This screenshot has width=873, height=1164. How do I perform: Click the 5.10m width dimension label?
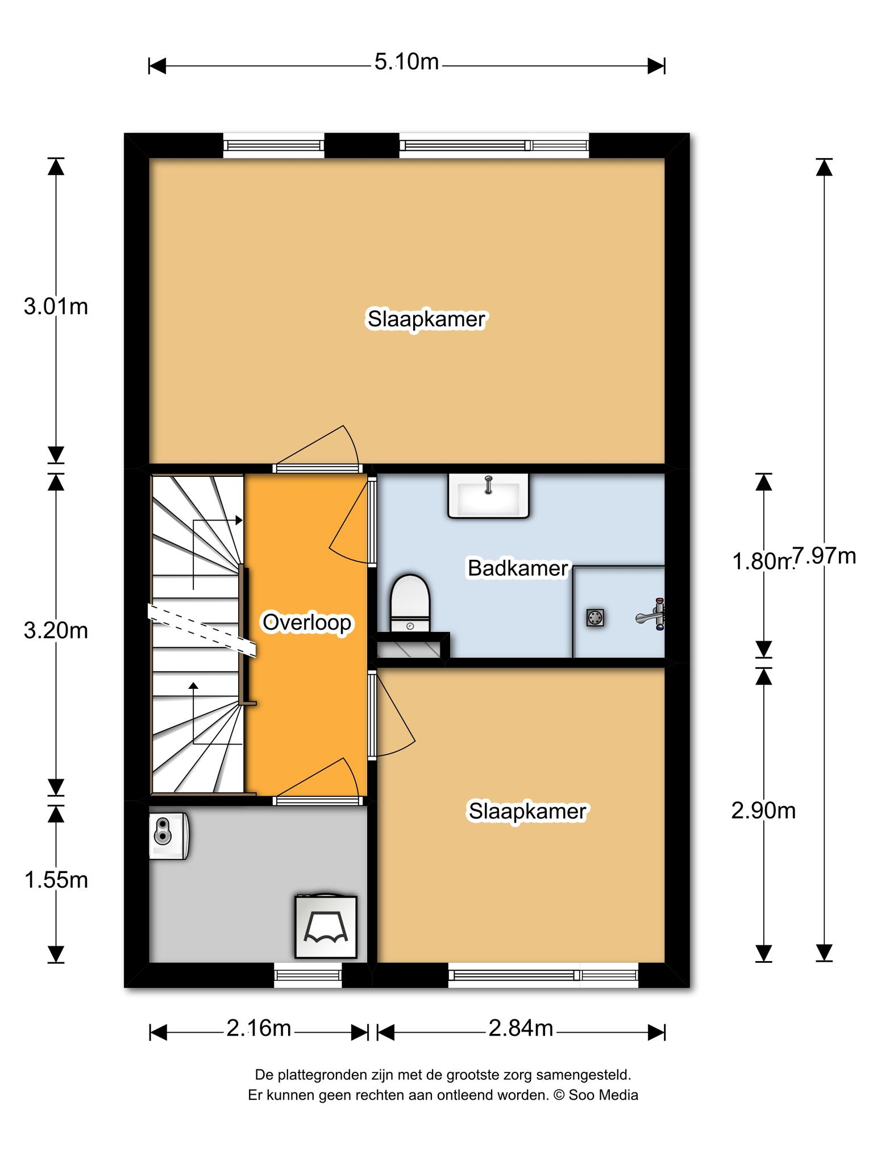406,62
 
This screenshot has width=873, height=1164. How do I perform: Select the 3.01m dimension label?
56,307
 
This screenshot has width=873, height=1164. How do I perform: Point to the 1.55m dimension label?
56,880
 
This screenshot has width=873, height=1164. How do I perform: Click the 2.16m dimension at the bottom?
259,1028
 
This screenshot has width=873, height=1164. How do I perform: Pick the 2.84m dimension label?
521,1028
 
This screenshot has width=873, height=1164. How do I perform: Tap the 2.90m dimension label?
763,811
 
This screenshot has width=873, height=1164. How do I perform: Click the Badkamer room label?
518,568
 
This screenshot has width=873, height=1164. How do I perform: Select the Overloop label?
307,622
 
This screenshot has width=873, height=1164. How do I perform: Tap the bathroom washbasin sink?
489,496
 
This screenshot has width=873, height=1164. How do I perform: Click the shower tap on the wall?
652,614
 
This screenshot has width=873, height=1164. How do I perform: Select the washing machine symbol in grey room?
326,926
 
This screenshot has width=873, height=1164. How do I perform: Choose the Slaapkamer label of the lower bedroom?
527,811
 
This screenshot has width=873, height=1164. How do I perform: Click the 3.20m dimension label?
56,630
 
